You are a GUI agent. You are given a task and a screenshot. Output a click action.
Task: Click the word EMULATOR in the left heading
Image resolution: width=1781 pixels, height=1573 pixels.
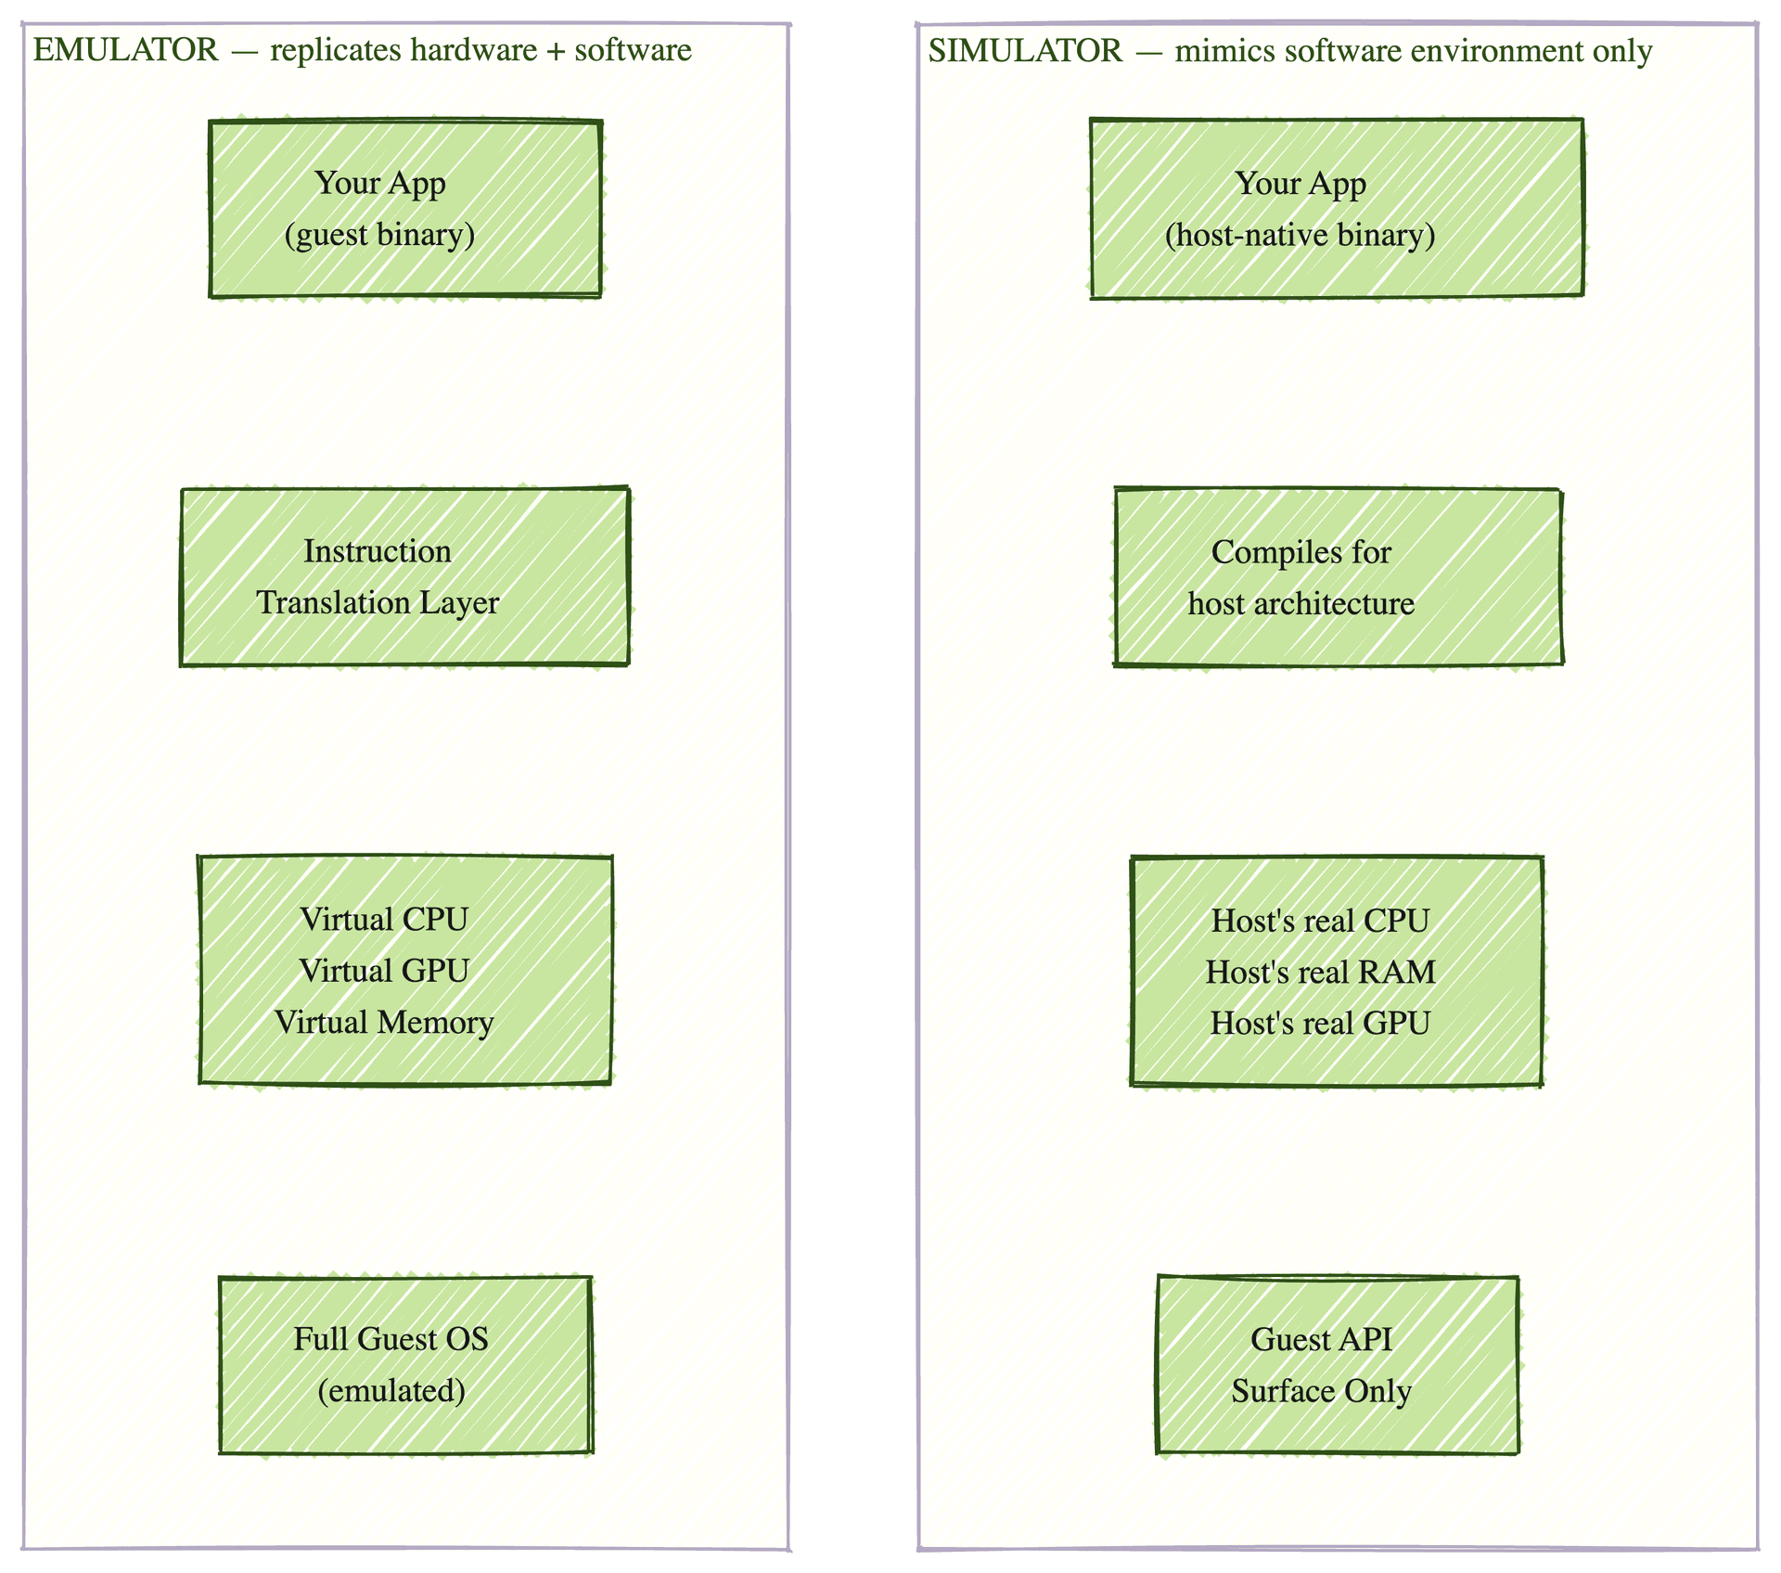click(x=126, y=50)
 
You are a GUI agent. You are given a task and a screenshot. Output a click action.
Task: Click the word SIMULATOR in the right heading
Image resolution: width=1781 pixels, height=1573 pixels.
click(x=1025, y=51)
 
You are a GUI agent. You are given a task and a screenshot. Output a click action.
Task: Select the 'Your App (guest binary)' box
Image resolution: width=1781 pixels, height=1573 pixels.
click(x=405, y=209)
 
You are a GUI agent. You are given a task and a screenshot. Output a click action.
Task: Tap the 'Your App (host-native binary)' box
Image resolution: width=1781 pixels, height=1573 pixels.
click(x=1337, y=209)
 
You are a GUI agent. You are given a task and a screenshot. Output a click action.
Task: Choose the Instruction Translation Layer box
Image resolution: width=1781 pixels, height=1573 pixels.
click(x=405, y=576)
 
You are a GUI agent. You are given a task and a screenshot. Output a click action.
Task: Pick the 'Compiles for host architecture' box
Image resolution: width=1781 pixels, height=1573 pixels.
click(x=1339, y=576)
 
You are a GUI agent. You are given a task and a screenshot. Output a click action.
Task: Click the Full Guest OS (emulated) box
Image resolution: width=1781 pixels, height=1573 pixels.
click(x=405, y=1364)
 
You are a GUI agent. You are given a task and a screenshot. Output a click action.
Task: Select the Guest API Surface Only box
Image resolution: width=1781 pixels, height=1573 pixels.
click(x=1338, y=1364)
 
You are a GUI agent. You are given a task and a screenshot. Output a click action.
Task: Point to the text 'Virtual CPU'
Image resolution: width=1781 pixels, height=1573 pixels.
click(x=384, y=920)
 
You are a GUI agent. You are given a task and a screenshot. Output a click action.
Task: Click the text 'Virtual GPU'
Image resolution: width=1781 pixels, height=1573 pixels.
click(x=384, y=971)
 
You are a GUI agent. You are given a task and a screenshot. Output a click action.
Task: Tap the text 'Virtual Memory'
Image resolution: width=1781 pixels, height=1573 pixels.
click(x=384, y=1023)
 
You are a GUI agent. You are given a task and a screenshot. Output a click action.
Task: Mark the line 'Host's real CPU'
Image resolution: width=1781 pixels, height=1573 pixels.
click(x=1320, y=921)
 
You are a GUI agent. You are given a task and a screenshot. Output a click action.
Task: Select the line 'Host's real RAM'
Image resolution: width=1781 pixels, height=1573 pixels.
click(x=1320, y=972)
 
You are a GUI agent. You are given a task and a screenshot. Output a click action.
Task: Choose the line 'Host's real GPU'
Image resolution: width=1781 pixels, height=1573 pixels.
click(x=1320, y=1023)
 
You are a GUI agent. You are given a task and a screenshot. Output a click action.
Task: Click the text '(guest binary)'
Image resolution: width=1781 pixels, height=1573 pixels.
click(x=380, y=235)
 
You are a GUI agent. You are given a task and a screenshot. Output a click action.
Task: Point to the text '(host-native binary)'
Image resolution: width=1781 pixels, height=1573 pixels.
click(x=1301, y=236)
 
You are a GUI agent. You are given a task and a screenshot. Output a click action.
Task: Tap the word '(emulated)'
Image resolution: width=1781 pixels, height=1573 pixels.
click(x=391, y=1391)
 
